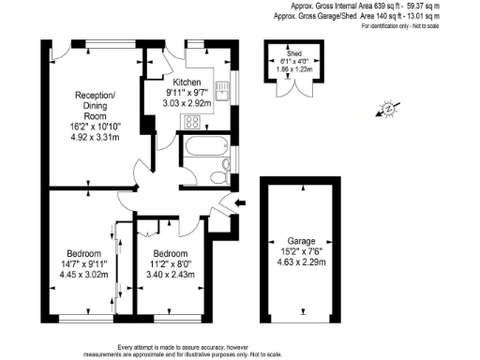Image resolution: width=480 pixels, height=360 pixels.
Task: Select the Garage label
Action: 301,240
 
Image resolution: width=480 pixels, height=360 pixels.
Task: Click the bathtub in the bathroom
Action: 203,147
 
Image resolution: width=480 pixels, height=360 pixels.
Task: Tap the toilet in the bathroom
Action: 217,176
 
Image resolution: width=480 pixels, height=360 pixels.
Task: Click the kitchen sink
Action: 221,90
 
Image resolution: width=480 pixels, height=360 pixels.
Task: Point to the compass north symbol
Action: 386,112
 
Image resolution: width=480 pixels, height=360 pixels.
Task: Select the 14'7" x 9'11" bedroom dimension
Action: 85,264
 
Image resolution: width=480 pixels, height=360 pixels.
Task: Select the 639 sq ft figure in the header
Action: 378,7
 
